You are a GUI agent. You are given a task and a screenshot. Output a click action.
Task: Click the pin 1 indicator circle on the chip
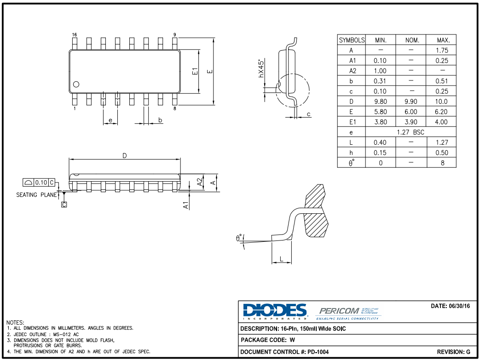pyautogui.click(x=76, y=84)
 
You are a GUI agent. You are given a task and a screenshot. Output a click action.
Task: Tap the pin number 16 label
pyautogui.click(x=75, y=35)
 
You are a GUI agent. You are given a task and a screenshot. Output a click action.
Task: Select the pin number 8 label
pyautogui.click(x=175, y=109)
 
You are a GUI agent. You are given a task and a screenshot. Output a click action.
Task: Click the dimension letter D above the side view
pyautogui.click(x=124, y=156)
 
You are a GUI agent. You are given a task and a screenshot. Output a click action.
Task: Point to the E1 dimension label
pyautogui.click(x=195, y=71)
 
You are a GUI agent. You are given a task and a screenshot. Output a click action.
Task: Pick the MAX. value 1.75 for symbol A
pyautogui.click(x=442, y=50)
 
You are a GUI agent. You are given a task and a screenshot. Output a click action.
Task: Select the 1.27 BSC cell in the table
pyautogui.click(x=411, y=132)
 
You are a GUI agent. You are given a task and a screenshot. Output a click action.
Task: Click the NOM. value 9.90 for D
pyautogui.click(x=411, y=102)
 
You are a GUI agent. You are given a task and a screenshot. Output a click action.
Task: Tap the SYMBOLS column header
pyautogui.click(x=352, y=40)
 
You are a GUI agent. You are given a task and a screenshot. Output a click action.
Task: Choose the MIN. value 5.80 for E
pyautogui.click(x=380, y=112)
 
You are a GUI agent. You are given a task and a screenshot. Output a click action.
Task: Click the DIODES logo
pyautogui.click(x=275, y=311)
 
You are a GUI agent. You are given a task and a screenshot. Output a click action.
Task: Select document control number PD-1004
pyautogui.click(x=314, y=352)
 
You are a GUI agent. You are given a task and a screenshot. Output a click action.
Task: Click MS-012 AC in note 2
pyautogui.click(x=65, y=334)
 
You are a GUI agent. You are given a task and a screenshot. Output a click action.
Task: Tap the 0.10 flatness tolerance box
pyautogui.click(x=41, y=183)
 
